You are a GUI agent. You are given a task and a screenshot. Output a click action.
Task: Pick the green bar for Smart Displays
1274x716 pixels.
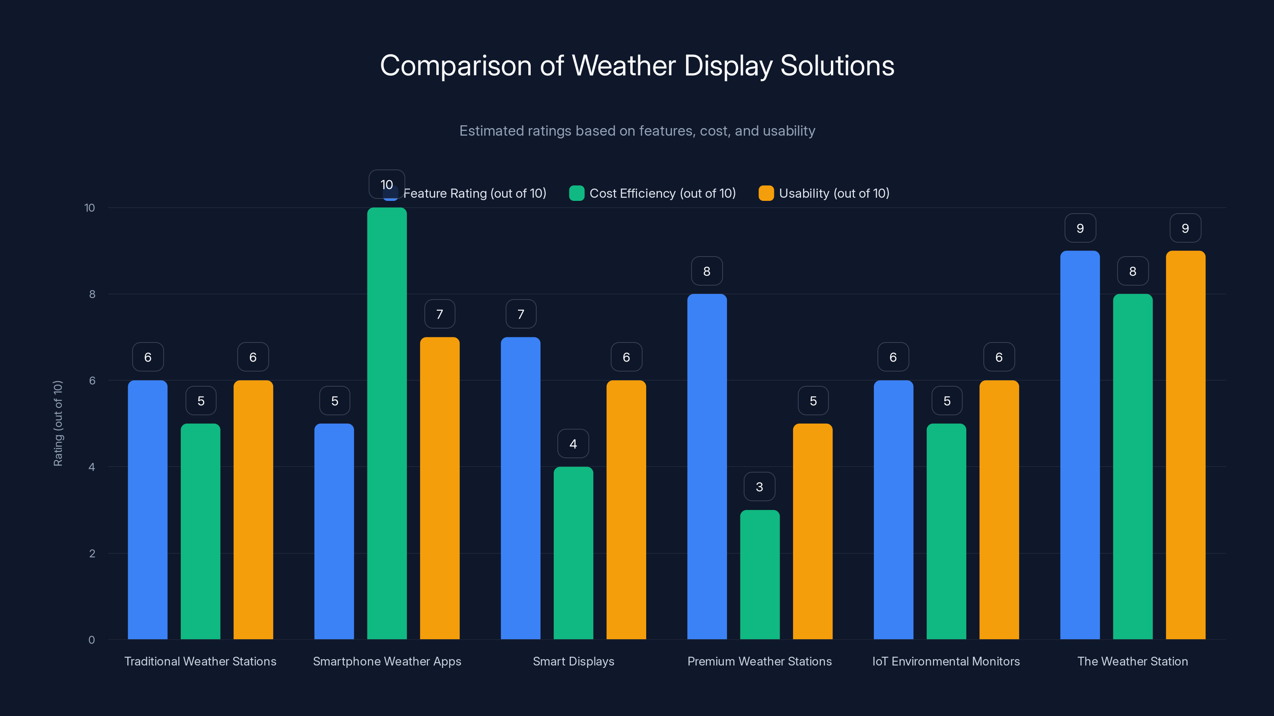point(573,553)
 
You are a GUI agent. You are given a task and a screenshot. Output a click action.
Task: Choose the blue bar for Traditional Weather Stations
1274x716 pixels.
point(147,510)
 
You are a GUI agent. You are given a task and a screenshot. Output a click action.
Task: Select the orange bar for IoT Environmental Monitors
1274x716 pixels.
point(998,510)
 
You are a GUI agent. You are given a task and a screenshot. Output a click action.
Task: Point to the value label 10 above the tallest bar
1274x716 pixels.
point(387,184)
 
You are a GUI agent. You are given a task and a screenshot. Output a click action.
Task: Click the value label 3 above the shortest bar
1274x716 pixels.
point(759,487)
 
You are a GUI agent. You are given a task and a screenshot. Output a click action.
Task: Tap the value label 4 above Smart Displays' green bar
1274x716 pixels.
point(573,444)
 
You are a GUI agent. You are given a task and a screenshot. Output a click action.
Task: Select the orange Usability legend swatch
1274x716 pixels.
point(766,193)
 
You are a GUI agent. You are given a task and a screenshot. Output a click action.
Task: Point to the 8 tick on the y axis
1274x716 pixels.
point(92,294)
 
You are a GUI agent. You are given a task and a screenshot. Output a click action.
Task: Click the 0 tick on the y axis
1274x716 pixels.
point(92,640)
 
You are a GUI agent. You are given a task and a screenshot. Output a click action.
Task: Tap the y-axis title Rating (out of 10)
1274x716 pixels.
point(58,424)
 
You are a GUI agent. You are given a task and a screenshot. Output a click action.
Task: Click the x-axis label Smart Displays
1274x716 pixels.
point(573,661)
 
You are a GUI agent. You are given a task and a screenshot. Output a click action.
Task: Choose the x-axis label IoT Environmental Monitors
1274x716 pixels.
point(946,661)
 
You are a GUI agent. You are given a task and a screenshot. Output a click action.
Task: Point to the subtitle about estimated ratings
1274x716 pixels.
point(637,131)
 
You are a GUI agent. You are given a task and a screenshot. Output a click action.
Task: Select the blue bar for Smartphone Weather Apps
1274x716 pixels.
point(334,531)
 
